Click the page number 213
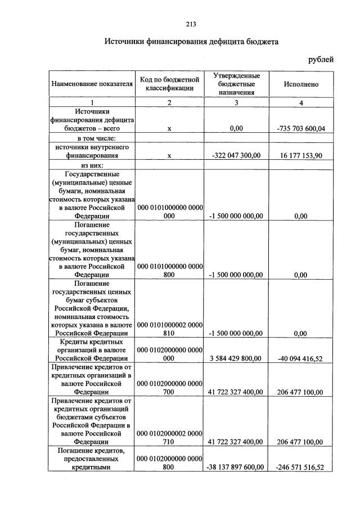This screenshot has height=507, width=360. point(190,23)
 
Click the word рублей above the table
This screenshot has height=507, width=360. point(321,59)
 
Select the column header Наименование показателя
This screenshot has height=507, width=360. point(92,84)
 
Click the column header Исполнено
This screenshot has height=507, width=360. point(301,84)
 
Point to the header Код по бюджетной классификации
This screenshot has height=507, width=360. point(169,84)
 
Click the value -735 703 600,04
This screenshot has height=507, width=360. point(301,128)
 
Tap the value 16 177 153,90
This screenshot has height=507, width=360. point(301,155)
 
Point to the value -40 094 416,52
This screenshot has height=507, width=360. point(301,358)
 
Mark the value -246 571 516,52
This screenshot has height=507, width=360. point(301,467)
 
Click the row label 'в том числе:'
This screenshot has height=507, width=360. point(92,138)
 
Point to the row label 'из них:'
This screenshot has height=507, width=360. point(92,165)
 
